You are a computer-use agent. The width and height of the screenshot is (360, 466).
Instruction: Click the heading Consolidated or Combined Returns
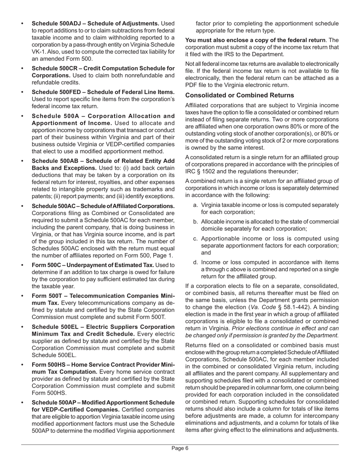[239, 95]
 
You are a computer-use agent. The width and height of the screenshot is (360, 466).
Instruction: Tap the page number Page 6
[180, 448]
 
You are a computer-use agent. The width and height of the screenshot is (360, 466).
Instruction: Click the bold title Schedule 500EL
[53, 327]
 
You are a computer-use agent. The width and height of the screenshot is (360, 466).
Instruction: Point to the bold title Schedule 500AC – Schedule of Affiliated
[103, 206]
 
